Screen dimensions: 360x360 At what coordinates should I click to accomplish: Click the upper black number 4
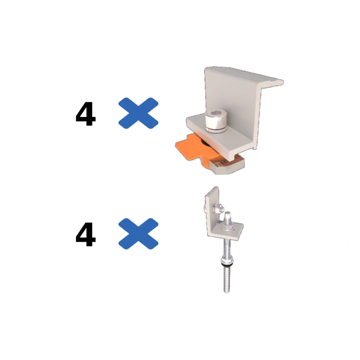click(85, 114)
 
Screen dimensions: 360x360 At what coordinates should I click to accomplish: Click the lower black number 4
click(85, 234)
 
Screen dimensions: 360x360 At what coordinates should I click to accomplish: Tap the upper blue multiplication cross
click(138, 113)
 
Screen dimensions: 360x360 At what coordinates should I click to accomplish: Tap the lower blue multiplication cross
click(138, 234)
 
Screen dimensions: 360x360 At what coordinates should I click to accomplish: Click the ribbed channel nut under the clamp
click(228, 164)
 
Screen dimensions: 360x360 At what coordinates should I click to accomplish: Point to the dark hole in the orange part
click(205, 143)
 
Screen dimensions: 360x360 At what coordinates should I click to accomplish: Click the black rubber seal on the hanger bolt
click(226, 265)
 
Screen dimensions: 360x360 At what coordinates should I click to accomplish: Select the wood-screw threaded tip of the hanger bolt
click(227, 279)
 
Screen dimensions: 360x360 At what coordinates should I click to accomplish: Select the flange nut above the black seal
click(227, 260)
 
